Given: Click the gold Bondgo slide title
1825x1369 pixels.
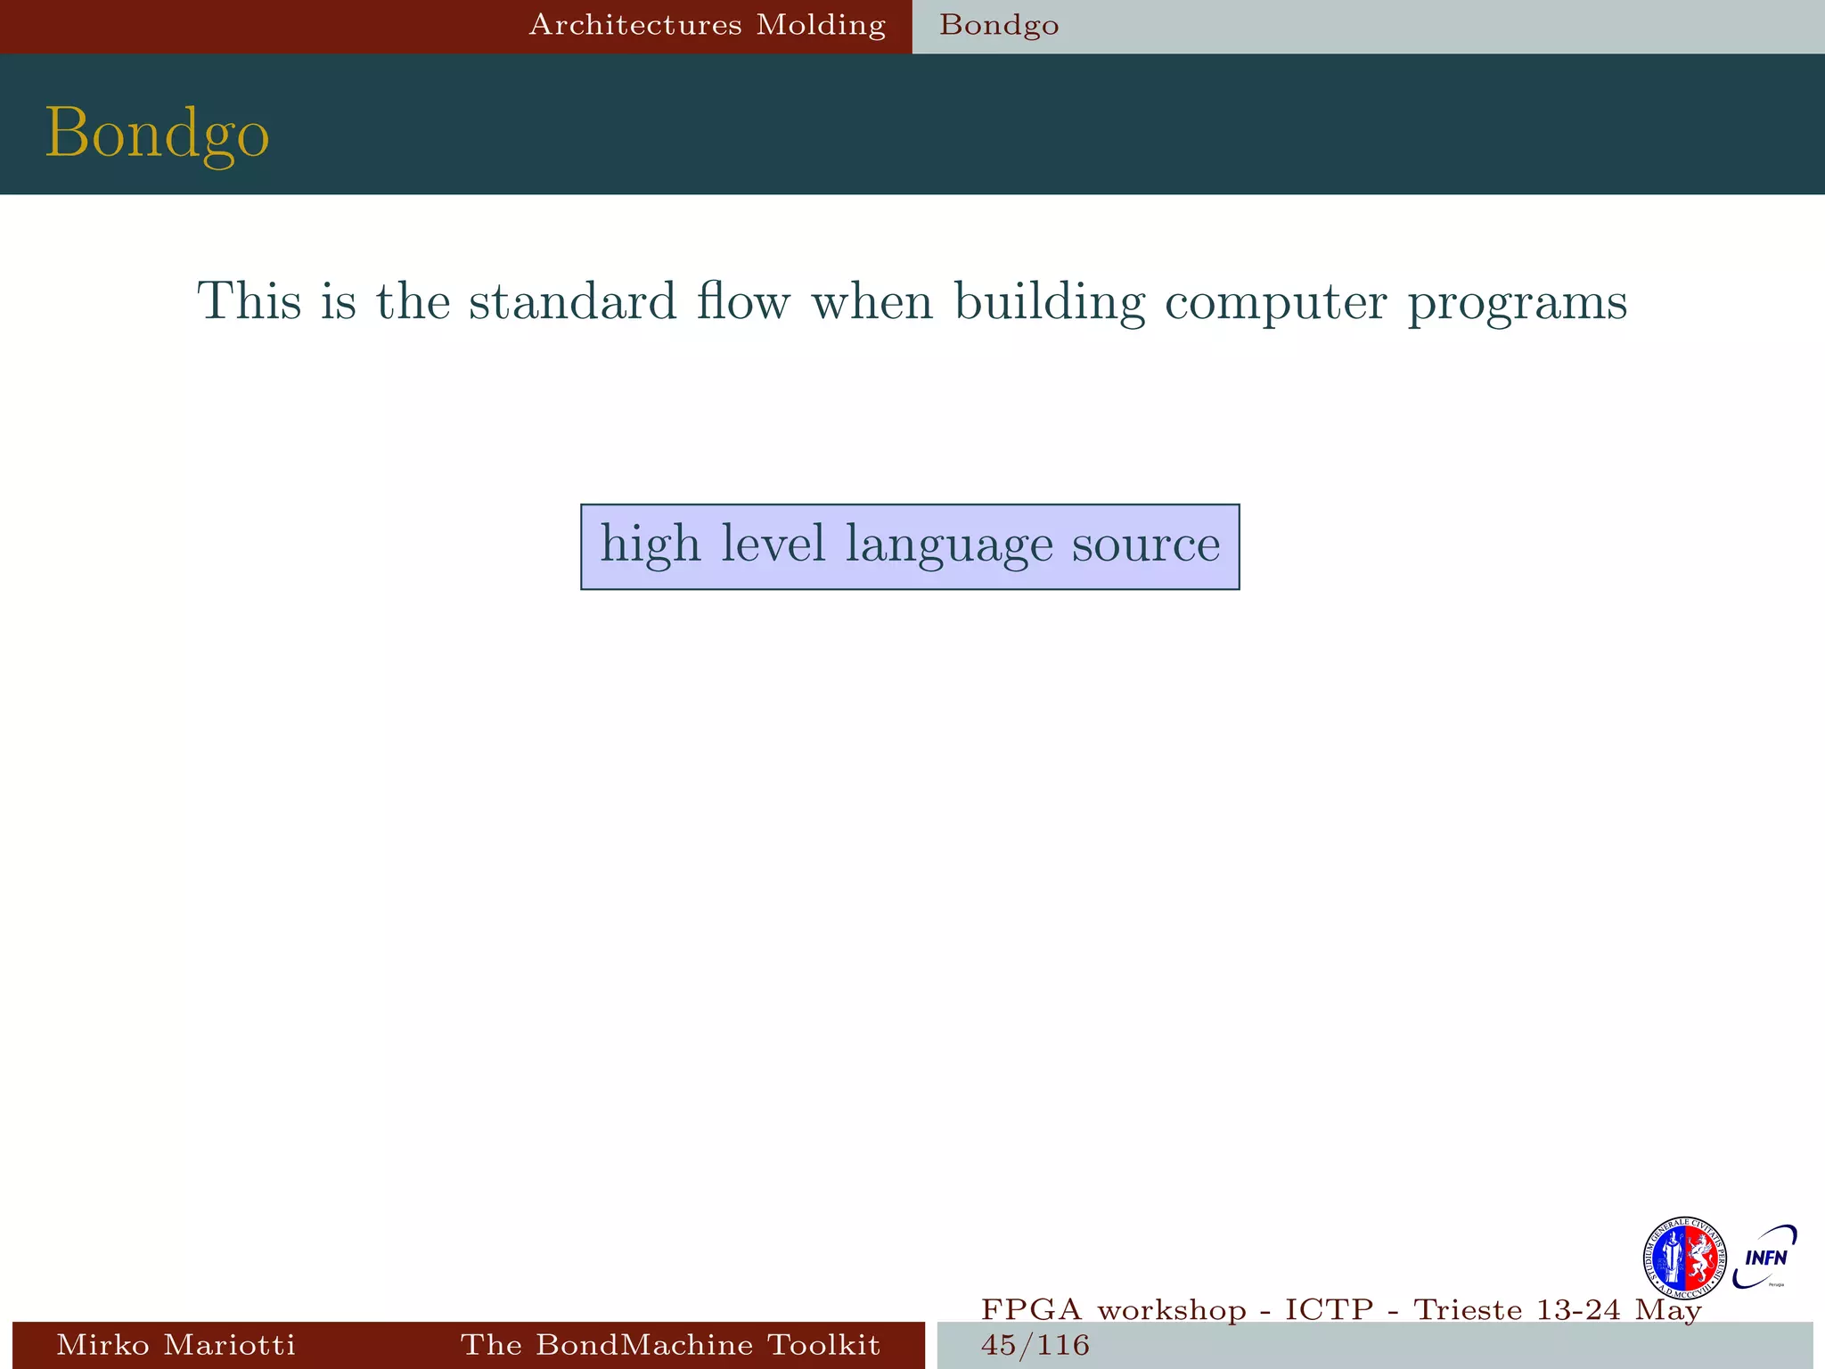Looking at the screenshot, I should tap(157, 134).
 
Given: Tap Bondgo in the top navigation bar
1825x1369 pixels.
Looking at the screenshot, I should tap(999, 25).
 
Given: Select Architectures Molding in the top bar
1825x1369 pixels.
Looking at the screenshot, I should tap(708, 25).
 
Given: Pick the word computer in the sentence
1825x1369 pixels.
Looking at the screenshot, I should tap(1275, 303).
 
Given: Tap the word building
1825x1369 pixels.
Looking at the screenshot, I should tap(1050, 303).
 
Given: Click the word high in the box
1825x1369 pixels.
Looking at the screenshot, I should tap(650, 545).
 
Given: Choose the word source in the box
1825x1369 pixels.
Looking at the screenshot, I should tap(1145, 545).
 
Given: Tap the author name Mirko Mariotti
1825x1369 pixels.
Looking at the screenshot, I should tap(176, 1344).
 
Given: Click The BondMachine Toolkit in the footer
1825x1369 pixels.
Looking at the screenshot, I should tap(670, 1344).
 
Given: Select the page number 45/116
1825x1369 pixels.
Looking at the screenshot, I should tap(1035, 1345).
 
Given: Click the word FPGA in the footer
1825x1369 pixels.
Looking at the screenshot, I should tap(1032, 1310).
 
